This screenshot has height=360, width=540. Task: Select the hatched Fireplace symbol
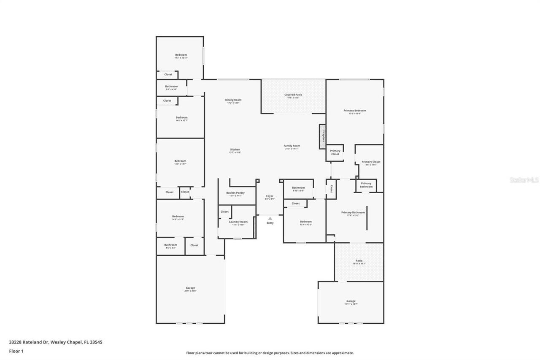coord(323,136)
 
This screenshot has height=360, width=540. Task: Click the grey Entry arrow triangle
coord(270,218)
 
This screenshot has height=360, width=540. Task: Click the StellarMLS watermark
coord(524,180)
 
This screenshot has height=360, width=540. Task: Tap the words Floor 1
coord(16,351)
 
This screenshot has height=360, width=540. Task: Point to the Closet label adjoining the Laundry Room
coord(224,212)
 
